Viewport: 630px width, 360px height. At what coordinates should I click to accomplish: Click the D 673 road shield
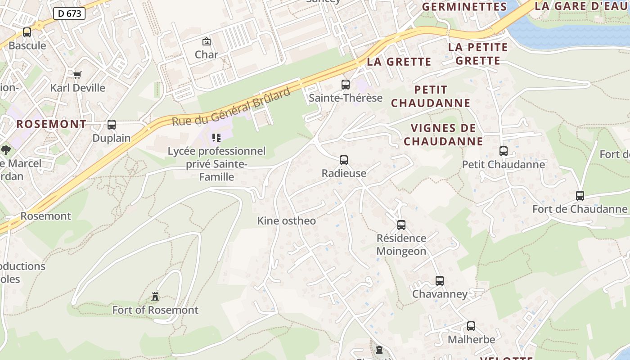tap(70, 13)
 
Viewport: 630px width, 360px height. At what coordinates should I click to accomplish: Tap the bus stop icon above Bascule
tap(27, 32)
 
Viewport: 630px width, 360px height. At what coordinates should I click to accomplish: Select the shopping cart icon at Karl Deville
tap(77, 75)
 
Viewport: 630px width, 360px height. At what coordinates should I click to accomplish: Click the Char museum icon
tap(207, 42)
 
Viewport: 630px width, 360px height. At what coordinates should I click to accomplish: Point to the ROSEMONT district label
tap(51, 124)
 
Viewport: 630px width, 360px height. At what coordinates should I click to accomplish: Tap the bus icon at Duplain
tap(112, 125)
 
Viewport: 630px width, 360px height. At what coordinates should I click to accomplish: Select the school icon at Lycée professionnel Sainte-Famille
tap(216, 138)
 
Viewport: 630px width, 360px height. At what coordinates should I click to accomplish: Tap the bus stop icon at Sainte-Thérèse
tap(346, 85)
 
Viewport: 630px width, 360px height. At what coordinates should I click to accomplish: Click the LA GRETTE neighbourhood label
tap(399, 62)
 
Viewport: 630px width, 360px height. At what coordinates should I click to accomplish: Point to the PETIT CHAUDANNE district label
tap(430, 96)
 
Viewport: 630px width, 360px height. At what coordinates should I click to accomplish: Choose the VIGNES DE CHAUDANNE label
tap(443, 135)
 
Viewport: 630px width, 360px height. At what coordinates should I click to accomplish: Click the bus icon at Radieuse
tap(344, 160)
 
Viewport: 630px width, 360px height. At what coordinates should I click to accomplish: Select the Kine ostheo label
tap(287, 221)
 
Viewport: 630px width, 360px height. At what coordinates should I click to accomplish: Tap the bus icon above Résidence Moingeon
tap(401, 225)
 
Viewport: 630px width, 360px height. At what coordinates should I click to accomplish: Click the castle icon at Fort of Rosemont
tap(155, 297)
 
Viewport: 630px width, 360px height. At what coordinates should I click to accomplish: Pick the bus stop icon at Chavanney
tap(440, 281)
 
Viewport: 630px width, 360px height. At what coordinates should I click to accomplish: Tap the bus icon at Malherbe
tap(471, 326)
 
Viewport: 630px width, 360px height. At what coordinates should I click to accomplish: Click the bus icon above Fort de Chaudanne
tap(580, 196)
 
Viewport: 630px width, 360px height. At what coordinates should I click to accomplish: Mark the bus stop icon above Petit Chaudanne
tap(504, 151)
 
